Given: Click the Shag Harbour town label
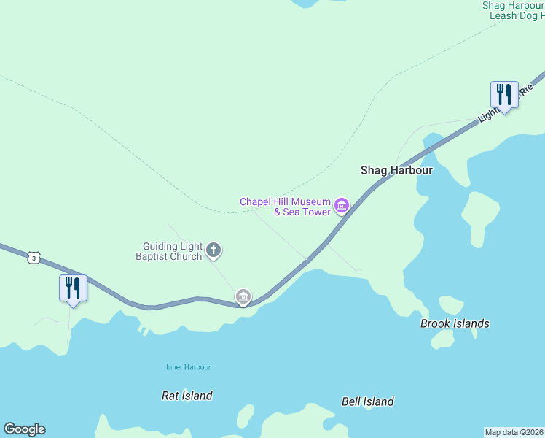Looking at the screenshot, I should (396, 170).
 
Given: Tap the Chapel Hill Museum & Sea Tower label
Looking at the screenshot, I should (286, 207).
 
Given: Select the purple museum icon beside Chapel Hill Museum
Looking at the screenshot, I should (341, 207).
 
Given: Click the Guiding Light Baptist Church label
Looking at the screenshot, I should (173, 251).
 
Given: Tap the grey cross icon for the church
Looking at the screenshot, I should (214, 251).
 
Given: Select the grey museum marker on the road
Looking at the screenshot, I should (243, 296).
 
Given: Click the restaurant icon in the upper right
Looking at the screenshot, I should (504, 95).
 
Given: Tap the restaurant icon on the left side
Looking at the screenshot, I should (73, 288).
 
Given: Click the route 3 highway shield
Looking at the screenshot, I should (33, 258).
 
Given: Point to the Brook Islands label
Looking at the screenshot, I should (455, 323).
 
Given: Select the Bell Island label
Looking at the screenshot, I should (368, 401).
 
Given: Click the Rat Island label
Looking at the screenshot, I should (187, 396).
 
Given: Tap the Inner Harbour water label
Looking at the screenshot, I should (188, 367).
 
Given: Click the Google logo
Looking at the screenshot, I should (24, 429).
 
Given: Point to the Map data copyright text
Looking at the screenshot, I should (514, 431).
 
